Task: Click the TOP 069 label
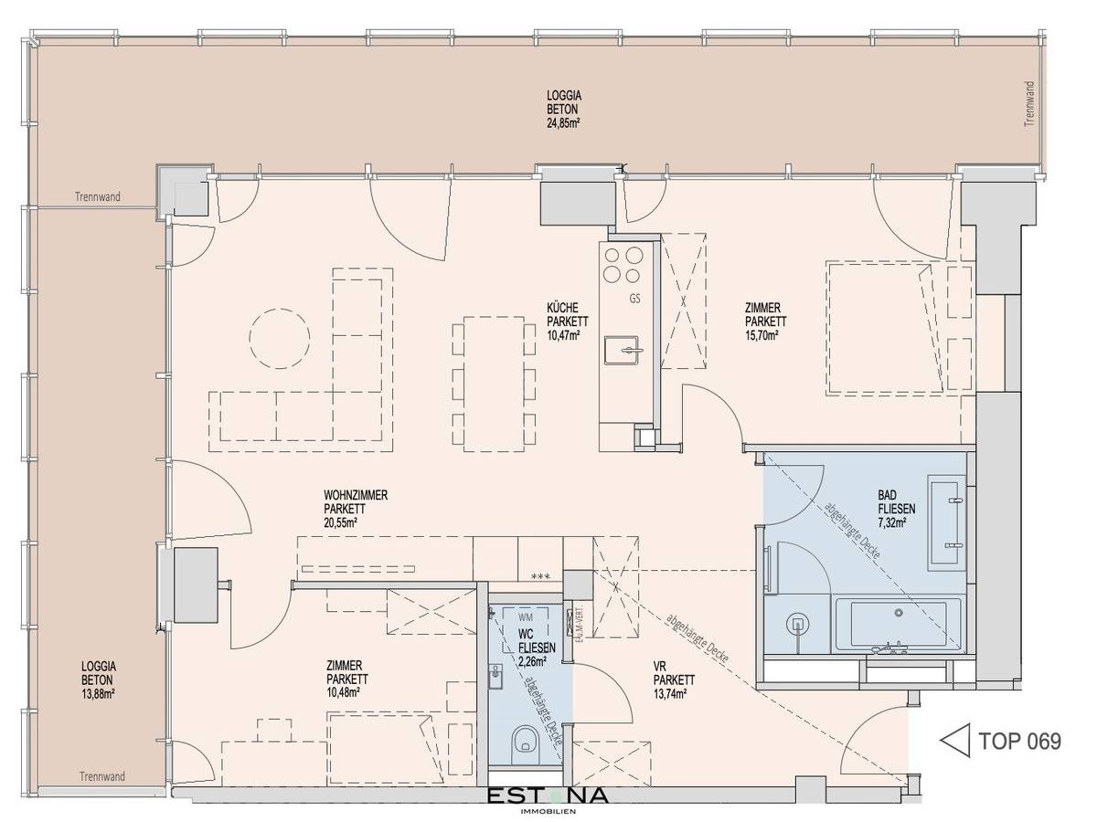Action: coord(1019,741)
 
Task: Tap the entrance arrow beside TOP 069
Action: coord(954,741)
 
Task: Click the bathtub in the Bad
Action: coord(897,626)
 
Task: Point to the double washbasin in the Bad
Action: coord(947,521)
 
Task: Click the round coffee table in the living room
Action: coord(279,337)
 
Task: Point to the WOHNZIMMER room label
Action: coord(356,495)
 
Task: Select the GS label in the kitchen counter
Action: coord(634,299)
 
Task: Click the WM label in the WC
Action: coord(524,618)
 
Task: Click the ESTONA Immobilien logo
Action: coord(546,797)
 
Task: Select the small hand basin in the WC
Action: coord(497,677)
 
